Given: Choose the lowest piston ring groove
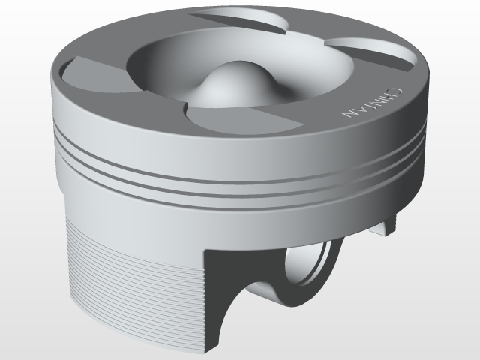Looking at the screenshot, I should point(225,195).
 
